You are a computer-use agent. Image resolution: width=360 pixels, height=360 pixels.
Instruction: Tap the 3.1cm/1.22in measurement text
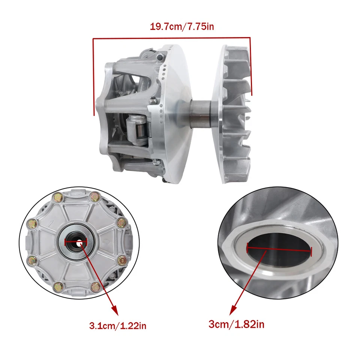[118, 325]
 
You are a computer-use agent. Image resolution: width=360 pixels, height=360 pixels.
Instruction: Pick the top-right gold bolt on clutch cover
[95, 195]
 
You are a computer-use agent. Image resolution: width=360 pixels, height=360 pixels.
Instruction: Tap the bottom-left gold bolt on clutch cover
[59, 287]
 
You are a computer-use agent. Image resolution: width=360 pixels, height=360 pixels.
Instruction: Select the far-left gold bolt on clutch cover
[32, 224]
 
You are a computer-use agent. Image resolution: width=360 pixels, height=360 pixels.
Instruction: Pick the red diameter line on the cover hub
[76, 242]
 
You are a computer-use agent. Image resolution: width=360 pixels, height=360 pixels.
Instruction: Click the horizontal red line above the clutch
[171, 38]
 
